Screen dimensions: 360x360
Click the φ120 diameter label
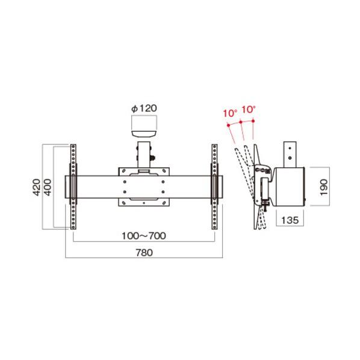(x=144, y=108)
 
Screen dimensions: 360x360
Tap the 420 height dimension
(x=36, y=187)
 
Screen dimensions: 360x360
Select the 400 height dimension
(x=48, y=187)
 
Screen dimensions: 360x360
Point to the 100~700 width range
(x=144, y=236)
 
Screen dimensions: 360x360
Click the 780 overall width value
(x=144, y=253)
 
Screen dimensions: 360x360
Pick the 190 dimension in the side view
(x=323, y=187)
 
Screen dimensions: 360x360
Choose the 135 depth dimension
(x=290, y=220)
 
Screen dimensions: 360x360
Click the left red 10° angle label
(x=231, y=113)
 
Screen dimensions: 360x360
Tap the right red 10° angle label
(x=249, y=110)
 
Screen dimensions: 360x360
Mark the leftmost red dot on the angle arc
(x=228, y=125)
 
